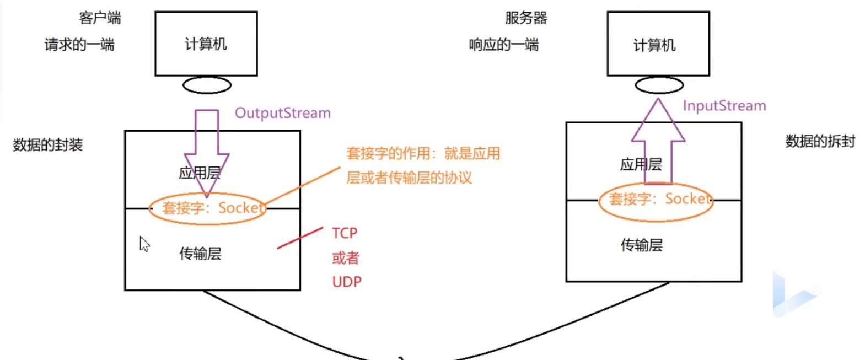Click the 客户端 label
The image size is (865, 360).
100,18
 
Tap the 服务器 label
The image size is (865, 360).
526,18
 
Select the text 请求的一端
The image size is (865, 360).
79,45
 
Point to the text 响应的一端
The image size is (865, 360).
503,45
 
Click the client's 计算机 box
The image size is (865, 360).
206,44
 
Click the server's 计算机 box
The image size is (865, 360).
658,44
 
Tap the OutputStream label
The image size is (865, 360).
283,113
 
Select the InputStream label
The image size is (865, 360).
724,106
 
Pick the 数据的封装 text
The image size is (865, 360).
47,145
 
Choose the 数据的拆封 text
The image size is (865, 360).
820,142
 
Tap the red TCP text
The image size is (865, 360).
345,233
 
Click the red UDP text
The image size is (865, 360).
347,282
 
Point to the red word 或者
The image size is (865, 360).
346,257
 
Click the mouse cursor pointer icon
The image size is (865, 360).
144,244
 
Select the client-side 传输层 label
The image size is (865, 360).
200,254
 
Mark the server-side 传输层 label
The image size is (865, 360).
641,245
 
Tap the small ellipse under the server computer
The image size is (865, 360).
659,85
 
